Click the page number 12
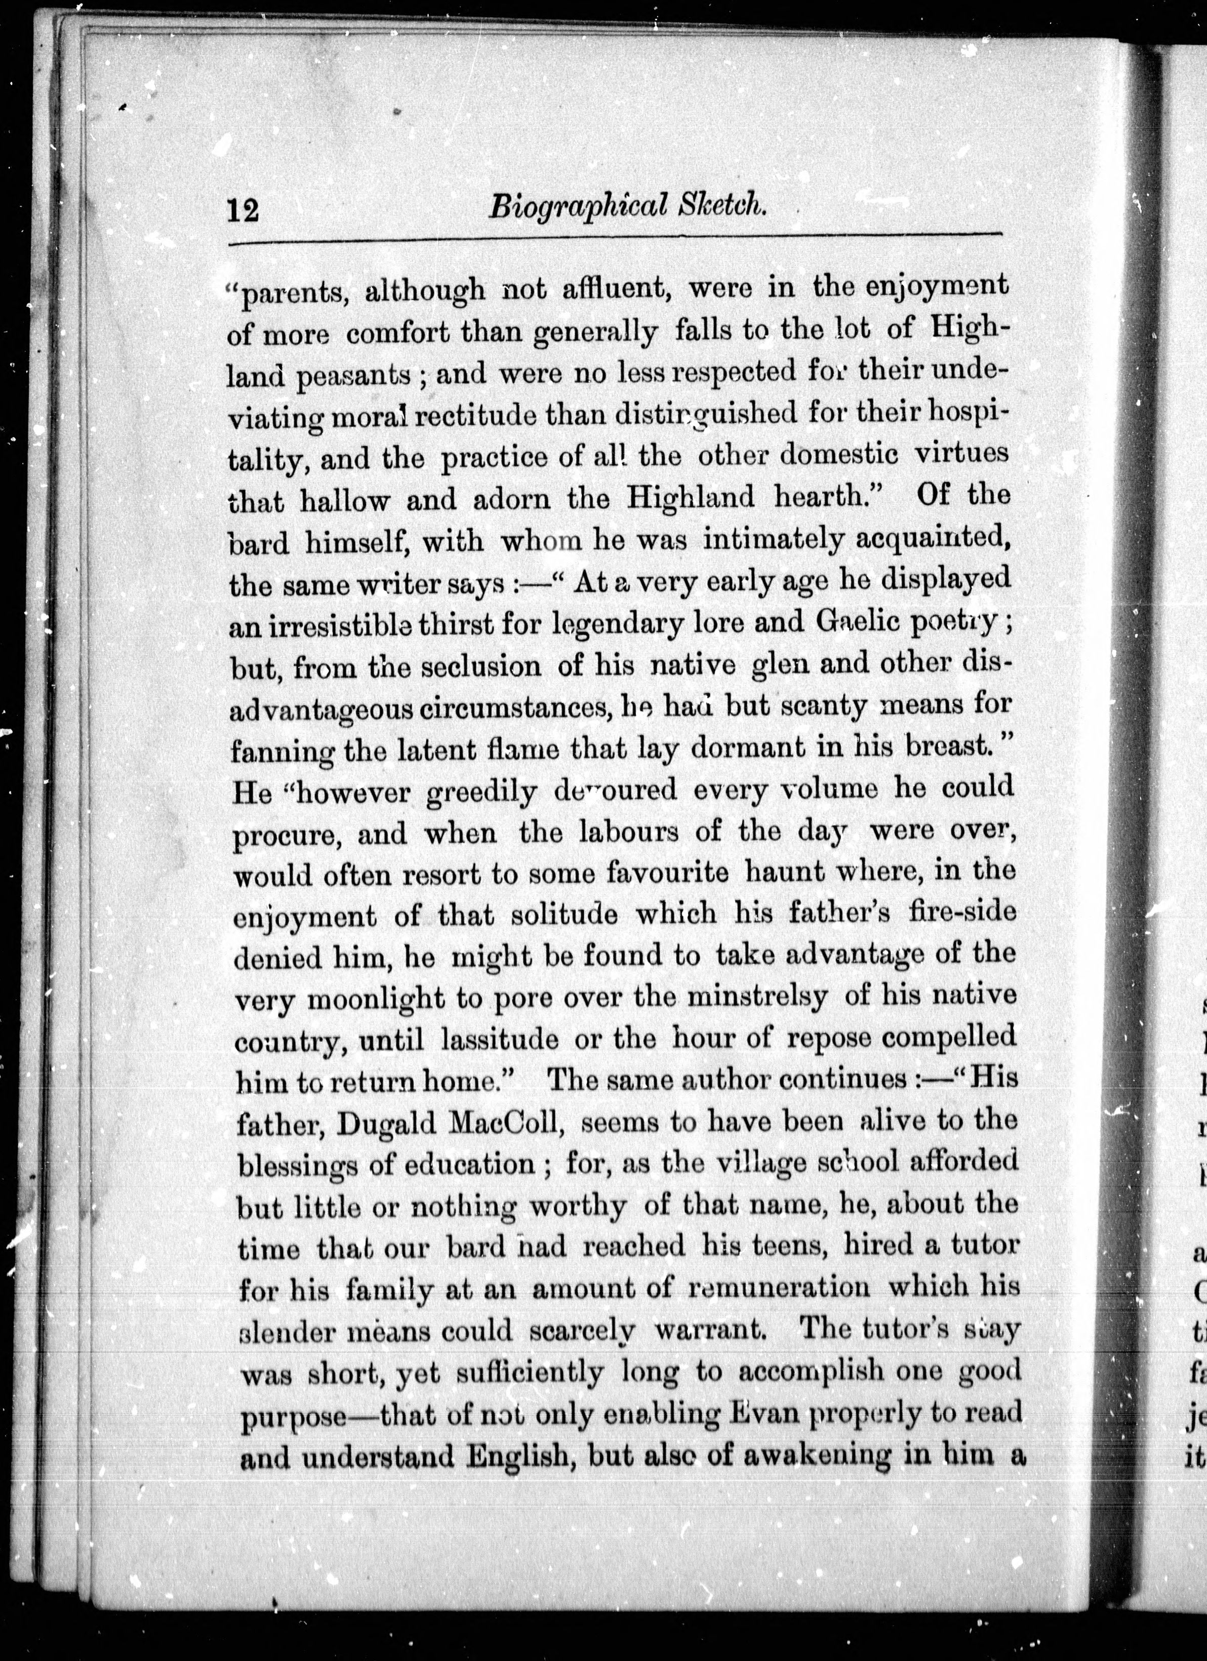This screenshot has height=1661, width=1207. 243,211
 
